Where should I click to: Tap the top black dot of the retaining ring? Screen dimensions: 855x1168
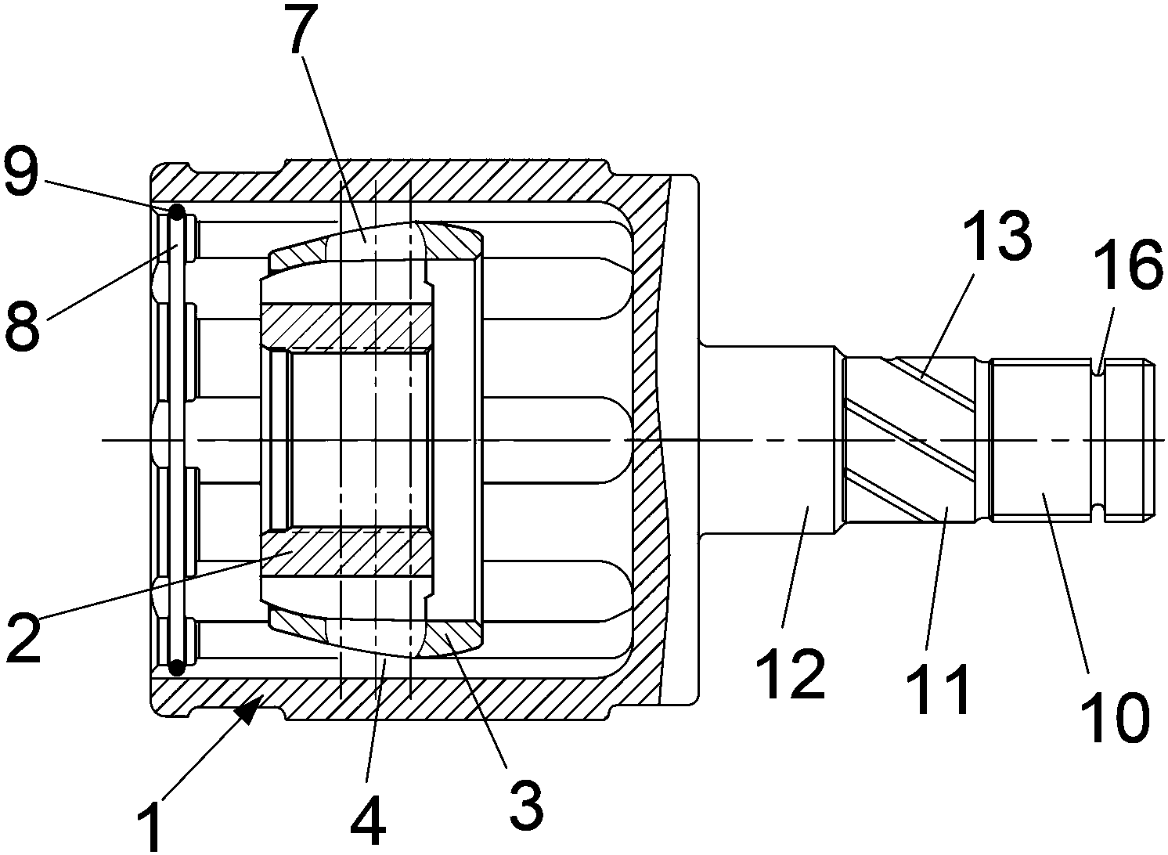[176, 212]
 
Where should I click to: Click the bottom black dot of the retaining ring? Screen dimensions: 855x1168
[176, 667]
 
